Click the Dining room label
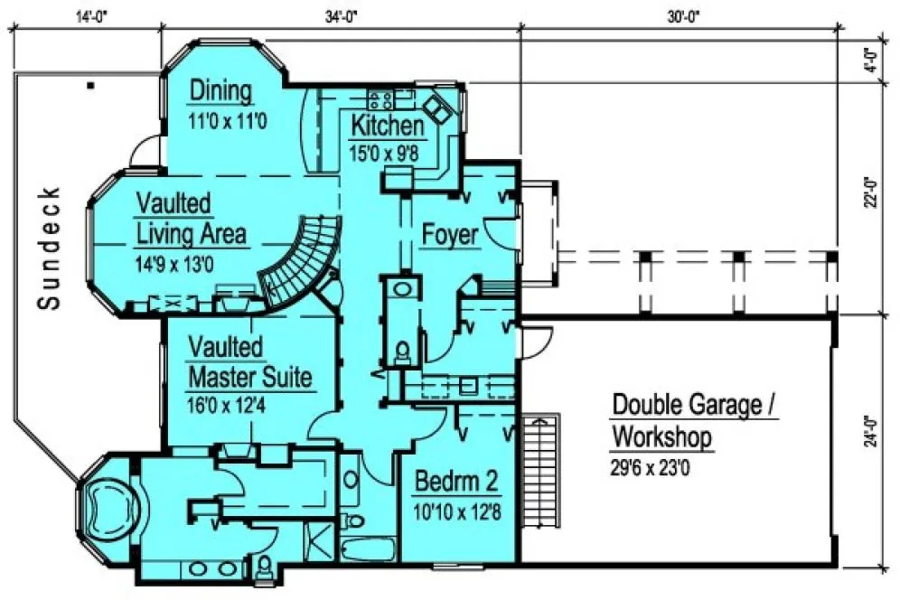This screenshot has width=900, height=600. (x=220, y=91)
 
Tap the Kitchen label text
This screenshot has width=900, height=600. (x=387, y=126)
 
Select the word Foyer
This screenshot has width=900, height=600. (x=450, y=236)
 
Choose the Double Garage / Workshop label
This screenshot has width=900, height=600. (x=695, y=420)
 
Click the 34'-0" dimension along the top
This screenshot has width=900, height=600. (x=342, y=15)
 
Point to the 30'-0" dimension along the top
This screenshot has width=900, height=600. (x=681, y=15)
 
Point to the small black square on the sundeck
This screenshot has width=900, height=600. (x=91, y=86)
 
